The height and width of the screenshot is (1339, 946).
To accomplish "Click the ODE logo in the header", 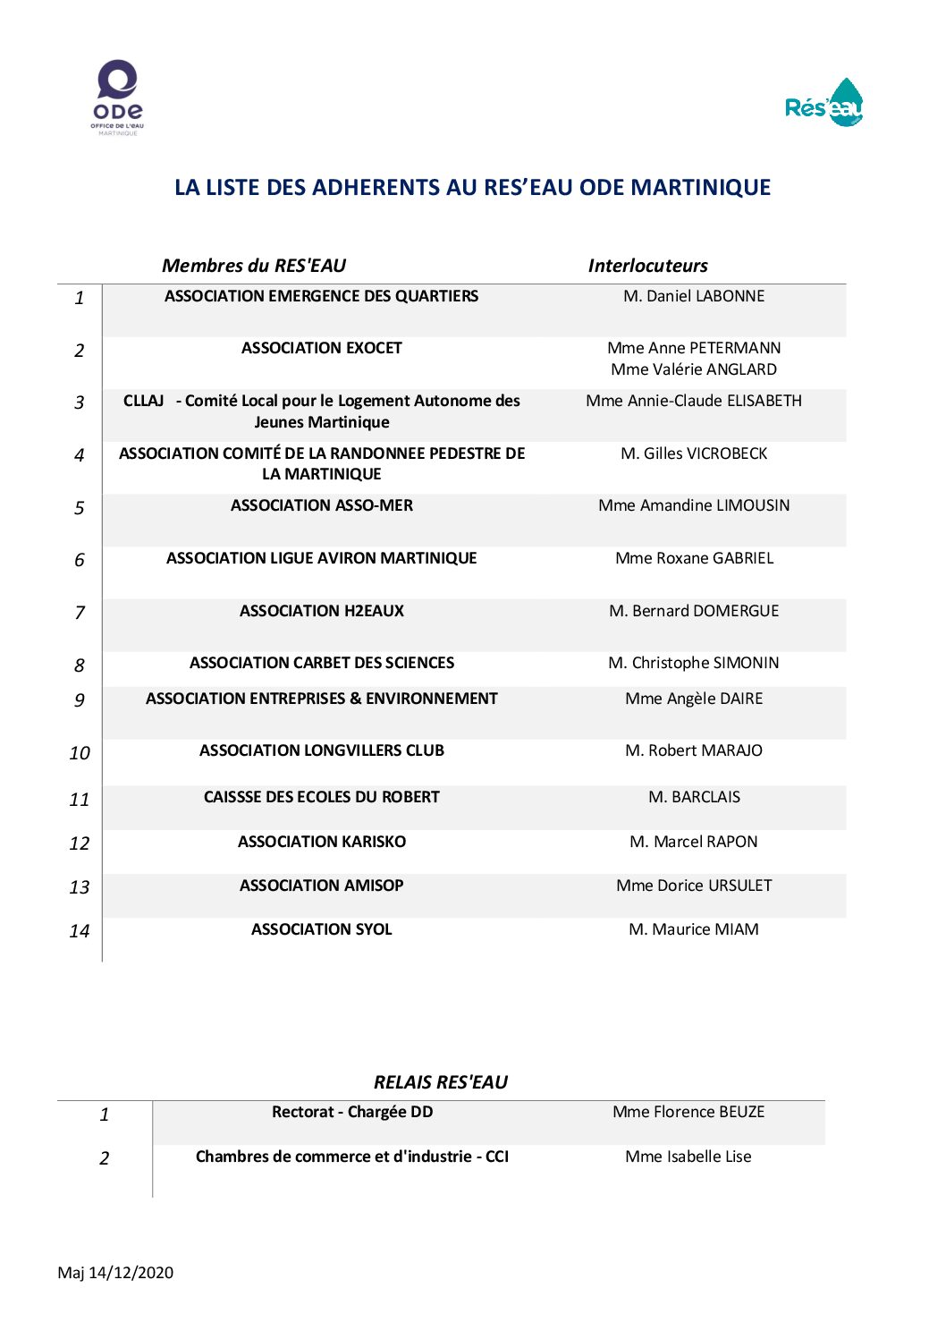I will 117,97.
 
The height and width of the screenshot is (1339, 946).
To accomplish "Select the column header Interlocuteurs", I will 647,266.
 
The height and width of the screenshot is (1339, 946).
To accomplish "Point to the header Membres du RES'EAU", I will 253,266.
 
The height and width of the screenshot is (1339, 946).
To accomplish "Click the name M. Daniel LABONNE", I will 694,296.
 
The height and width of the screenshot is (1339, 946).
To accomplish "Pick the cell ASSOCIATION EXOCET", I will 322,348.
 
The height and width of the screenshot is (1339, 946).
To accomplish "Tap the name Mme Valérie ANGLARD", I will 694,369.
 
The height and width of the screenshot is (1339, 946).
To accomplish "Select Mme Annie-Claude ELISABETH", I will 694,401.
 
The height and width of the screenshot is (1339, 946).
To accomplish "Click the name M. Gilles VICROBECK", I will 694,453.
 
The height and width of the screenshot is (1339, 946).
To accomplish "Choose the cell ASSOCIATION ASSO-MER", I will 322,505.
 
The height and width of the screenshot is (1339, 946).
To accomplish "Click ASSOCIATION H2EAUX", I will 322,611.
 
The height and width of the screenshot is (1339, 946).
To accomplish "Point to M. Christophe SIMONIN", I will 694,663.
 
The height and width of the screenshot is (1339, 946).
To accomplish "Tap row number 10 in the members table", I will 80,753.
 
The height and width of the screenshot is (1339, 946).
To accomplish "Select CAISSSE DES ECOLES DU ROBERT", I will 322,797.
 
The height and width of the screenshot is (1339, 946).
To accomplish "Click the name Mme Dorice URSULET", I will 694,886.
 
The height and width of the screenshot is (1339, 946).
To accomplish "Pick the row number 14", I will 80,931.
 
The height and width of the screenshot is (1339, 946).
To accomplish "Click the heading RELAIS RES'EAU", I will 441,1082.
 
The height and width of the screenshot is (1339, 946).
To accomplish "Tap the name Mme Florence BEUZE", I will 688,1112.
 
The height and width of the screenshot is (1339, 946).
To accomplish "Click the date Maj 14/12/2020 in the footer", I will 115,1273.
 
